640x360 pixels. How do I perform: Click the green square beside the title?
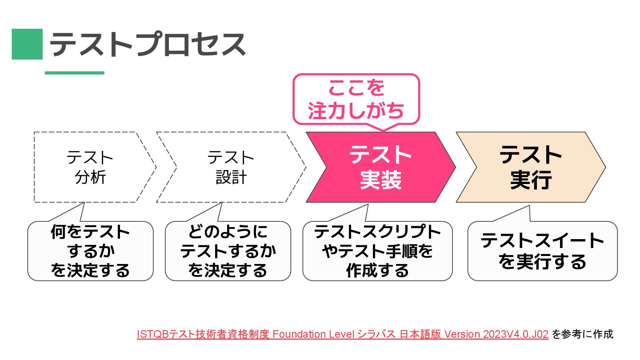point(27,44)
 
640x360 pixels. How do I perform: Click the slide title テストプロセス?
point(148,44)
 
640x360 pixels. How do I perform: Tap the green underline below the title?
point(75,73)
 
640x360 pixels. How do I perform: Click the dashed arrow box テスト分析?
point(91,167)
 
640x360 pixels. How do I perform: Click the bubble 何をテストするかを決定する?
point(90,251)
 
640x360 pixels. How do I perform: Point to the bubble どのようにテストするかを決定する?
point(228,251)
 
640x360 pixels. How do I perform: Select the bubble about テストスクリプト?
point(377,251)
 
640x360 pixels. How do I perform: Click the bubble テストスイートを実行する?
point(542,251)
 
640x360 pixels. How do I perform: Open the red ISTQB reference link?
point(343,334)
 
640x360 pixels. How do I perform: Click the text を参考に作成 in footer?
point(582,334)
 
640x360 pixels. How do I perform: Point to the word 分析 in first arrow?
point(91,178)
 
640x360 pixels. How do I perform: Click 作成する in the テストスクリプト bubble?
point(377,270)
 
